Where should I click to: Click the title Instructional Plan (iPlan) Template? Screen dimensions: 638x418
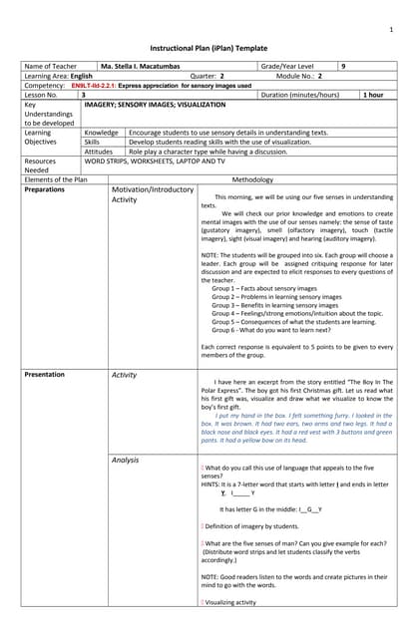click(209, 48)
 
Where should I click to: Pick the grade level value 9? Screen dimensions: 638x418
click(344, 66)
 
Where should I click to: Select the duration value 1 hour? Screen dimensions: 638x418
click(373, 95)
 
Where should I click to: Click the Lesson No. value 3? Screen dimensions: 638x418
click(87, 95)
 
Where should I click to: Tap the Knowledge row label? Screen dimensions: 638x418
click(101, 133)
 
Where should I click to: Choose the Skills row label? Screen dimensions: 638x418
click(93, 142)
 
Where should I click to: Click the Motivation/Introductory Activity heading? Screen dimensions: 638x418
click(152, 194)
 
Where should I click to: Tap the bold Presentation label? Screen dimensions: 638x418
click(45, 374)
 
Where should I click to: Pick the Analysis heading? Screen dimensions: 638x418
click(125, 461)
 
